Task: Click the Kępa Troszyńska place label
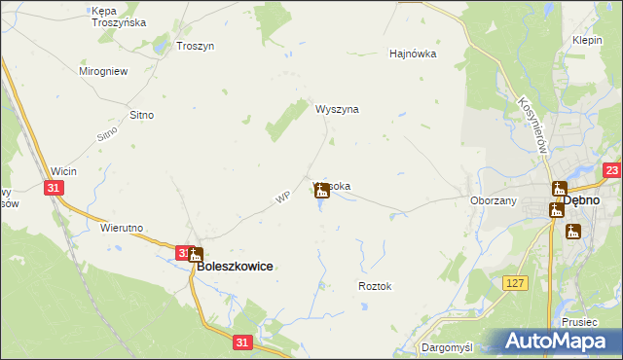point(118,16)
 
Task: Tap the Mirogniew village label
point(103,71)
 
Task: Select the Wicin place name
point(64,171)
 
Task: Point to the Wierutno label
point(122,228)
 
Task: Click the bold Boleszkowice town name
point(235,266)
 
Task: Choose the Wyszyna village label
point(337,110)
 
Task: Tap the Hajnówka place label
point(413,54)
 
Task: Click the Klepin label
point(587,41)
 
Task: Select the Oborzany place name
point(493,200)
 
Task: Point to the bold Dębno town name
point(594,198)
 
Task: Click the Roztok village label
point(374,286)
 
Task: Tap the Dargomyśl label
point(446,346)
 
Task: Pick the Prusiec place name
point(578,321)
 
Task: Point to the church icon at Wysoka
point(322,192)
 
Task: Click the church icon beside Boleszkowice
point(195,254)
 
